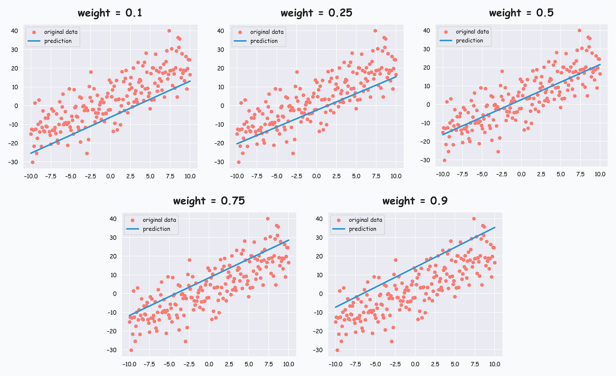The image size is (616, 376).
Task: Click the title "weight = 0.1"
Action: tap(110, 13)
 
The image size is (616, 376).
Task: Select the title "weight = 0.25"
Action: tap(316, 13)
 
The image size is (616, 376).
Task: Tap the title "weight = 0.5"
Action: tap(521, 13)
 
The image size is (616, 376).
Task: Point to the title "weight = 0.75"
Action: tap(209, 201)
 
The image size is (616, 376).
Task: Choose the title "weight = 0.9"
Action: tap(415, 201)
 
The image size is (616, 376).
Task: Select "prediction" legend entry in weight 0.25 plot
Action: tap(264, 41)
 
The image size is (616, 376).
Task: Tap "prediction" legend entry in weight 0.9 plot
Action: tap(362, 229)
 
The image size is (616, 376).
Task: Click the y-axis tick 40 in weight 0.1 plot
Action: tap(15, 31)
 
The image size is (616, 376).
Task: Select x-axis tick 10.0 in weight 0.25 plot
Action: tap(396, 176)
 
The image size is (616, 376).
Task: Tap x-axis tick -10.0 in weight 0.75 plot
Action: tap(129, 364)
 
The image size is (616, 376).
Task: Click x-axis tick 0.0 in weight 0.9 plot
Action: tap(415, 364)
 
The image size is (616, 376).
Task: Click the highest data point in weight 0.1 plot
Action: tap(169, 31)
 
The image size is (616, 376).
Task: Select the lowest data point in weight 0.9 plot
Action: tap(337, 350)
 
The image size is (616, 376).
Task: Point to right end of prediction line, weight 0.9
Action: tap(495, 227)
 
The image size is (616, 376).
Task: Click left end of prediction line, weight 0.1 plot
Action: tap(31, 153)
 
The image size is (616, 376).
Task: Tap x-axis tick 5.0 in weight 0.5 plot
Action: tap(561, 174)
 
